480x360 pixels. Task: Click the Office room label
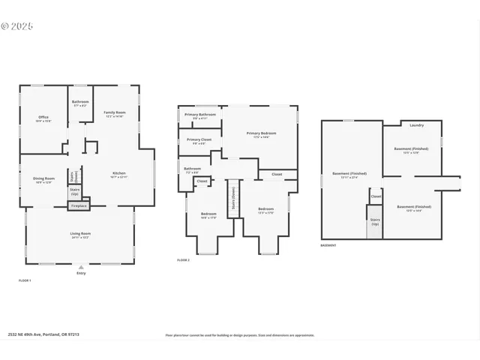(x=43, y=118)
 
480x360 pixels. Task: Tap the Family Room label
(x=115, y=114)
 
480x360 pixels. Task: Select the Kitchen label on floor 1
(x=119, y=175)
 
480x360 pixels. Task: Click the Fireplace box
(x=78, y=205)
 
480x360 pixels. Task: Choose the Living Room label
(x=80, y=235)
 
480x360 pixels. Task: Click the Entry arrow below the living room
(x=81, y=267)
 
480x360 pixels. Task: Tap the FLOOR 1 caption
(x=25, y=280)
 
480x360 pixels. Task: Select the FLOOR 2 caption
(x=183, y=259)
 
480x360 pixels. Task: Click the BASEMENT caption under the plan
(x=328, y=245)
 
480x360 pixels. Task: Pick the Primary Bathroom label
(x=200, y=115)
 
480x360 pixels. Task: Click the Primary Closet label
(x=199, y=141)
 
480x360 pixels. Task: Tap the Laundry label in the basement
(x=416, y=125)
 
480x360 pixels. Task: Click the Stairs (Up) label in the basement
(x=375, y=221)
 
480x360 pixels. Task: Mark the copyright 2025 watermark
(x=17, y=25)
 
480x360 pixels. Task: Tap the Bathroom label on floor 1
(x=80, y=103)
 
